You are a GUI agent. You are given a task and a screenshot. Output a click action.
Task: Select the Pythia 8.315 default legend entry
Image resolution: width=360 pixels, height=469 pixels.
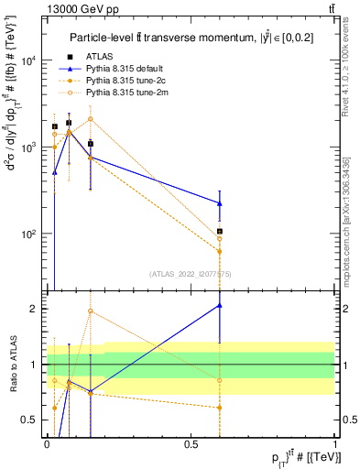(x=130, y=69)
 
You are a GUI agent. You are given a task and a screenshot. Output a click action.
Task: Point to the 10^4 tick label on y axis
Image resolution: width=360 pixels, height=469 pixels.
(x=27, y=61)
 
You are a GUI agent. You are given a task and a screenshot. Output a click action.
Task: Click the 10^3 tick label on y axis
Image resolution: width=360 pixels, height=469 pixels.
(x=27, y=147)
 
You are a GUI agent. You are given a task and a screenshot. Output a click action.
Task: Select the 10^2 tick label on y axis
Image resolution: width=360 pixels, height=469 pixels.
(x=27, y=234)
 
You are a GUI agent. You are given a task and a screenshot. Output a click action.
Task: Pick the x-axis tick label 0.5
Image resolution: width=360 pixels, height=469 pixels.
(x=191, y=443)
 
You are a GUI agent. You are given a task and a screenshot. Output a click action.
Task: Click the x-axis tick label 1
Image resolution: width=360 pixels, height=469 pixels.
(x=336, y=443)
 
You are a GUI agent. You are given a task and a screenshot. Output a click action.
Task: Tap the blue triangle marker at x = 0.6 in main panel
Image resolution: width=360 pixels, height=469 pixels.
(x=220, y=203)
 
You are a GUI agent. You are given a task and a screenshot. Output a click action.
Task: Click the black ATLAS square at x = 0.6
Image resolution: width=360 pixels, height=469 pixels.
(x=220, y=232)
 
